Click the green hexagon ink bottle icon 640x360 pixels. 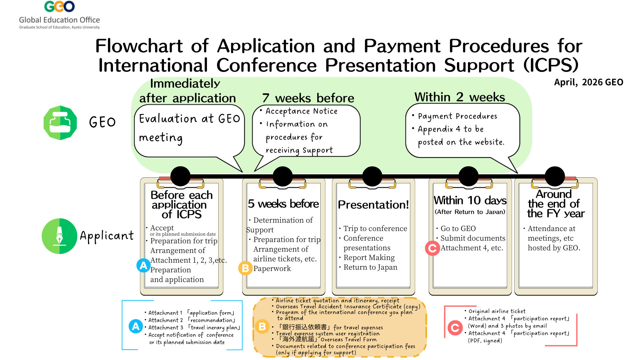click(x=60, y=123)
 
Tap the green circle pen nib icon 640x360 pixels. click(x=59, y=236)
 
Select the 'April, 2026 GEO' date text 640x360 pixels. click(x=588, y=82)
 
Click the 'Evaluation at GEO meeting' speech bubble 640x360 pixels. click(x=189, y=128)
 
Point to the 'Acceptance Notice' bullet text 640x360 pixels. click(x=301, y=111)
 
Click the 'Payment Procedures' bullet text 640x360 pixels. click(x=457, y=116)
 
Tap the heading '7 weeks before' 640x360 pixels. click(x=308, y=98)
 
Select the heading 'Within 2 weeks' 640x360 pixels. click(x=460, y=97)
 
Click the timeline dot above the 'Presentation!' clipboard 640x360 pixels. click(x=372, y=176)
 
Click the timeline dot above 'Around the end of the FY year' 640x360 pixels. click(x=555, y=176)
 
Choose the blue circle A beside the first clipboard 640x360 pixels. click(x=143, y=265)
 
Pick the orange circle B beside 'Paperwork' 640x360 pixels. click(x=245, y=268)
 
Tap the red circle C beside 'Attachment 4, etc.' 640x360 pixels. click(x=432, y=248)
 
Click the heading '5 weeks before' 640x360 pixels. click(x=283, y=204)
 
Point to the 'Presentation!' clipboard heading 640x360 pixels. click(x=373, y=205)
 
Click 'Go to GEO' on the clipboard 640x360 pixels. click(x=458, y=229)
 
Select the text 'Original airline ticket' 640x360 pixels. click(x=497, y=311)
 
